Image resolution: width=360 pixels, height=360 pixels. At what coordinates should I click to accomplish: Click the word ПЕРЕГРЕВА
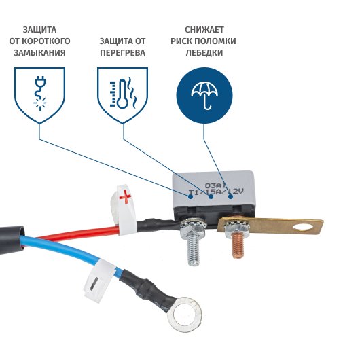pos(122,53)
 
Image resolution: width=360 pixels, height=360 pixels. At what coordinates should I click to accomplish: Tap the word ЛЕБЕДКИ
pos(204,53)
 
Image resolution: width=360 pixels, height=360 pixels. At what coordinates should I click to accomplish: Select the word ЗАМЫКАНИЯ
pos(39,53)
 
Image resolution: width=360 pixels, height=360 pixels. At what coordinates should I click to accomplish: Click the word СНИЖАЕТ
pos(204,30)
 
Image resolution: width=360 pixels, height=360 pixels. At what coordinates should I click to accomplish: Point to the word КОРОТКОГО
pos(46,41)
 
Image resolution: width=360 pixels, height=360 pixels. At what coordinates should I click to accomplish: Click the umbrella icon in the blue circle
pos(204,95)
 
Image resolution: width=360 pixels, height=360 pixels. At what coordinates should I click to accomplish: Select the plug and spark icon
pos(40,94)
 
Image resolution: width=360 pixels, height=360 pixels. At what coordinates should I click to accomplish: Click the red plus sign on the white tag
pos(126,197)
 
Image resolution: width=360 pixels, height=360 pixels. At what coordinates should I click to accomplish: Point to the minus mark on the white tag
pos(94,283)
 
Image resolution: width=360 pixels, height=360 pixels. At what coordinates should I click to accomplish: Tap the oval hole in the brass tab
pos(304,228)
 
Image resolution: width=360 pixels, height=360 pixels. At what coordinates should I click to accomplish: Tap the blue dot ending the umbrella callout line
pos(230,196)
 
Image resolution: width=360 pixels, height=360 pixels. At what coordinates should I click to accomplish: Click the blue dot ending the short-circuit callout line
pos(190,196)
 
